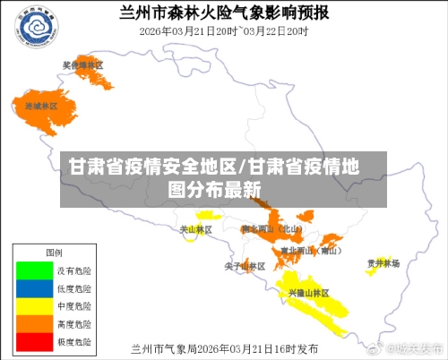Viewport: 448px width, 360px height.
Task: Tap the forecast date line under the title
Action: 224,30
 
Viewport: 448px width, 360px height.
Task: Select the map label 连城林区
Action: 40,106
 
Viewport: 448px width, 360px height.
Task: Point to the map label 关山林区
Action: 196,229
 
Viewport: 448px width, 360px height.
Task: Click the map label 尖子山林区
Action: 245,266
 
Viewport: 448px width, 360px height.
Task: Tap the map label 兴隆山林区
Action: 308,293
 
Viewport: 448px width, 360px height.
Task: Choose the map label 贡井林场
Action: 383,263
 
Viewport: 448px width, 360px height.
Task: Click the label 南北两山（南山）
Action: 310,251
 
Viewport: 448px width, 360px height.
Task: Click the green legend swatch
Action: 33,269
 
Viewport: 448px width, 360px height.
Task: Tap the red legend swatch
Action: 33,340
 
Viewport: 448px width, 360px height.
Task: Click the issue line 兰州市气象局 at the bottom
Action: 224,347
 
